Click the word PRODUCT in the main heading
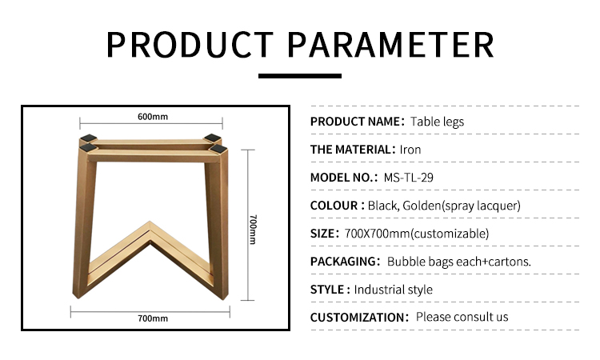tap(190, 45)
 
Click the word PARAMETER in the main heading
tap(390, 45)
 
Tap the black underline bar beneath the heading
tap(300, 76)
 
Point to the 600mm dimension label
tap(153, 117)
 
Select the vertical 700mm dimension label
tap(253, 229)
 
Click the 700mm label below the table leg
tap(153, 318)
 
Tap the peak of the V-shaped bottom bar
tap(150, 222)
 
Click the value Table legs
tap(437, 122)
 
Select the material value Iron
tap(410, 150)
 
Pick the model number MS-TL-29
tap(408, 178)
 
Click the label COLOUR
tap(334, 206)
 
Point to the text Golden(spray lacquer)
tap(462, 206)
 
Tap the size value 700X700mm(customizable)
tap(416, 234)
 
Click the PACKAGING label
tap(343, 262)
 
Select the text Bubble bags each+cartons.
tap(459, 262)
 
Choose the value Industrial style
tap(394, 290)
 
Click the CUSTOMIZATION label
tap(358, 317)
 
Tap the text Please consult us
tap(462, 317)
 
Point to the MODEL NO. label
tap(342, 178)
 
